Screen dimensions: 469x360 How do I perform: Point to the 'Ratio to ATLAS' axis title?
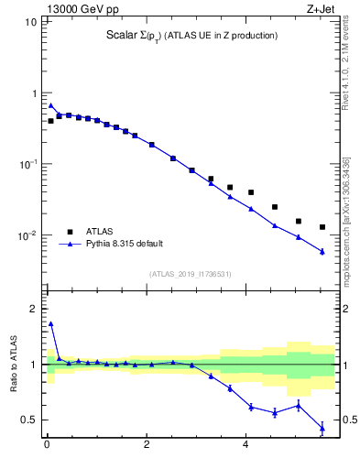pyautogui.click(x=15, y=365)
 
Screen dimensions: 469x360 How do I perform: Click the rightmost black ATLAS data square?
pyautogui.click(x=322, y=227)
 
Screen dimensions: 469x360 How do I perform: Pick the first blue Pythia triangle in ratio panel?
pyautogui.click(x=51, y=323)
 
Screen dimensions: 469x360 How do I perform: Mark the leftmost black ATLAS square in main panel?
pyautogui.click(x=51, y=121)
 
